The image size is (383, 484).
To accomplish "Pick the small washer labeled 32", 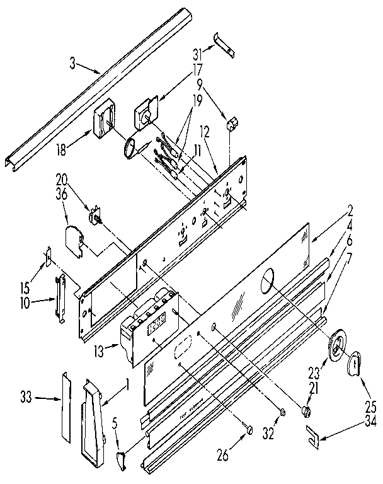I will point(283,413).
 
